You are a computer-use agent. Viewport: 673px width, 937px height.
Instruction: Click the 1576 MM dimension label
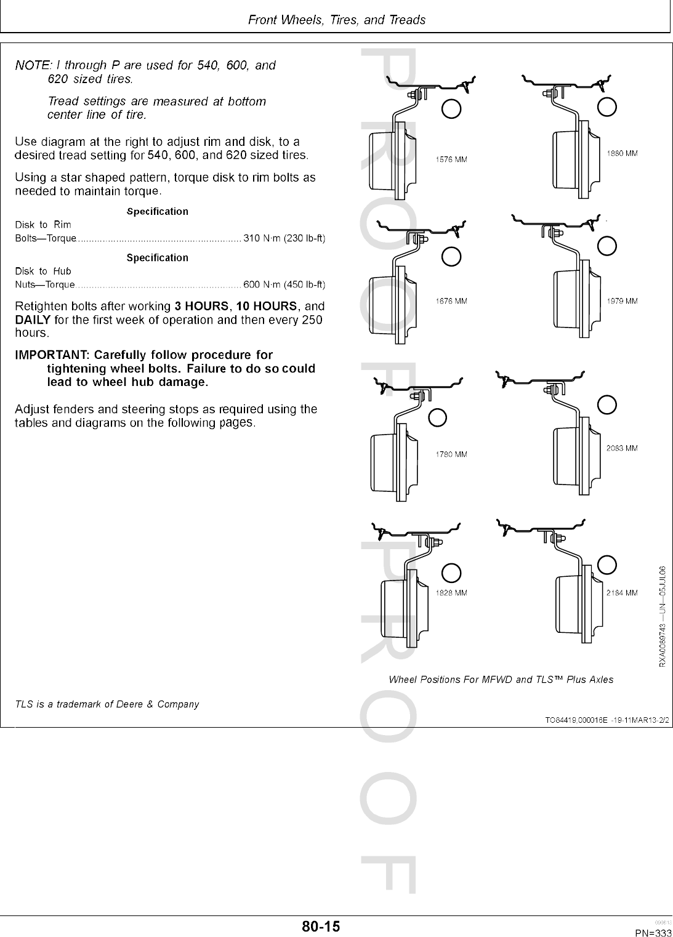click(451, 159)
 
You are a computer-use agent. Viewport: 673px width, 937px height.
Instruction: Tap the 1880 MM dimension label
click(622, 153)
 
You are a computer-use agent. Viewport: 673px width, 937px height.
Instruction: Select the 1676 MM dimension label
click(451, 301)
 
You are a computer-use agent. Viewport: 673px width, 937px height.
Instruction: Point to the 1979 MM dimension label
click(622, 301)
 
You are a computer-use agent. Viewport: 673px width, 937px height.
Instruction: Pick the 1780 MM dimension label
click(451, 454)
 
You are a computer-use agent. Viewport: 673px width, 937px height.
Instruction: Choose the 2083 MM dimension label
click(622, 448)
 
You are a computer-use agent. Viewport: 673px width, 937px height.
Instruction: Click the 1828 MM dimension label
click(451, 593)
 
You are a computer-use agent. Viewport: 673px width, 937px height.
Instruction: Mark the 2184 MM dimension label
click(622, 593)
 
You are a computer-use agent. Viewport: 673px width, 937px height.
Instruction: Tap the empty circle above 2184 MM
click(607, 564)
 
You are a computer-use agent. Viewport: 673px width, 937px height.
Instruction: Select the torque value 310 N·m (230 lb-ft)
click(284, 238)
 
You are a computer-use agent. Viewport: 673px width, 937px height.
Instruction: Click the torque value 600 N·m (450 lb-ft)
click(284, 284)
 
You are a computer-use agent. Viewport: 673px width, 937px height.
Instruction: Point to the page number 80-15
click(321, 926)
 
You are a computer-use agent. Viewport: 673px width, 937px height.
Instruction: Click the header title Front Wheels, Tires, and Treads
click(336, 20)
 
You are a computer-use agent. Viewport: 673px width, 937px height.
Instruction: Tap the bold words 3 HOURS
click(201, 306)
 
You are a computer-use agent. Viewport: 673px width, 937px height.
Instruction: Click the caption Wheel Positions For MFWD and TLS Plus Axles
click(501, 680)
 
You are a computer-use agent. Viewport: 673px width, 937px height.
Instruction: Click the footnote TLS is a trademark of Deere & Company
click(107, 704)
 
